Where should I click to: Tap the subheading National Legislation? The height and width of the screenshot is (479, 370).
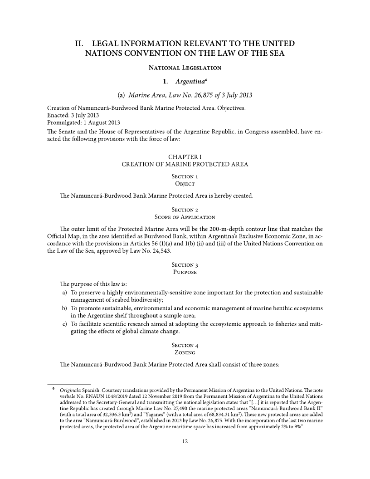click(185, 68)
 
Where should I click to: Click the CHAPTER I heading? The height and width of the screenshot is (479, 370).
click(185, 157)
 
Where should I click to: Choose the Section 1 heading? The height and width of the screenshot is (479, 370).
click(185, 176)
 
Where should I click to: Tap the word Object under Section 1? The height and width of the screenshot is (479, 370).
click(185, 184)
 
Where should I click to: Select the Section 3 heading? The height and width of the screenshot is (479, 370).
click(185, 264)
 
